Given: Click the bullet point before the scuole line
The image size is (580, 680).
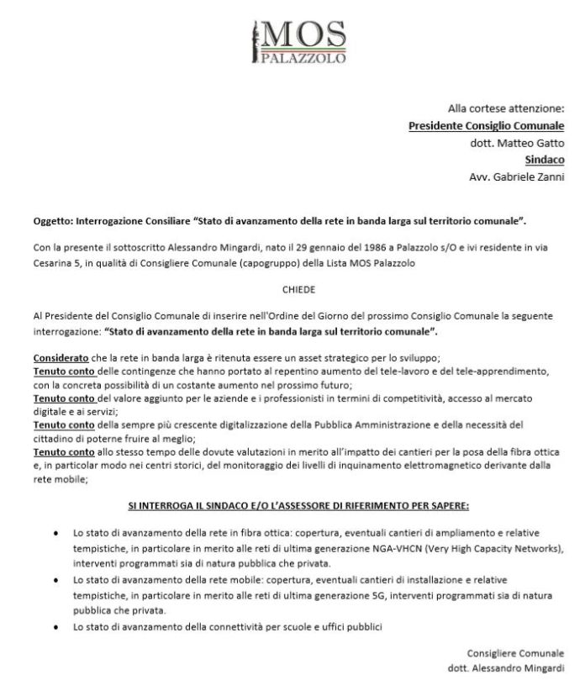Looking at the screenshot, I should pyautogui.click(x=55, y=627).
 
